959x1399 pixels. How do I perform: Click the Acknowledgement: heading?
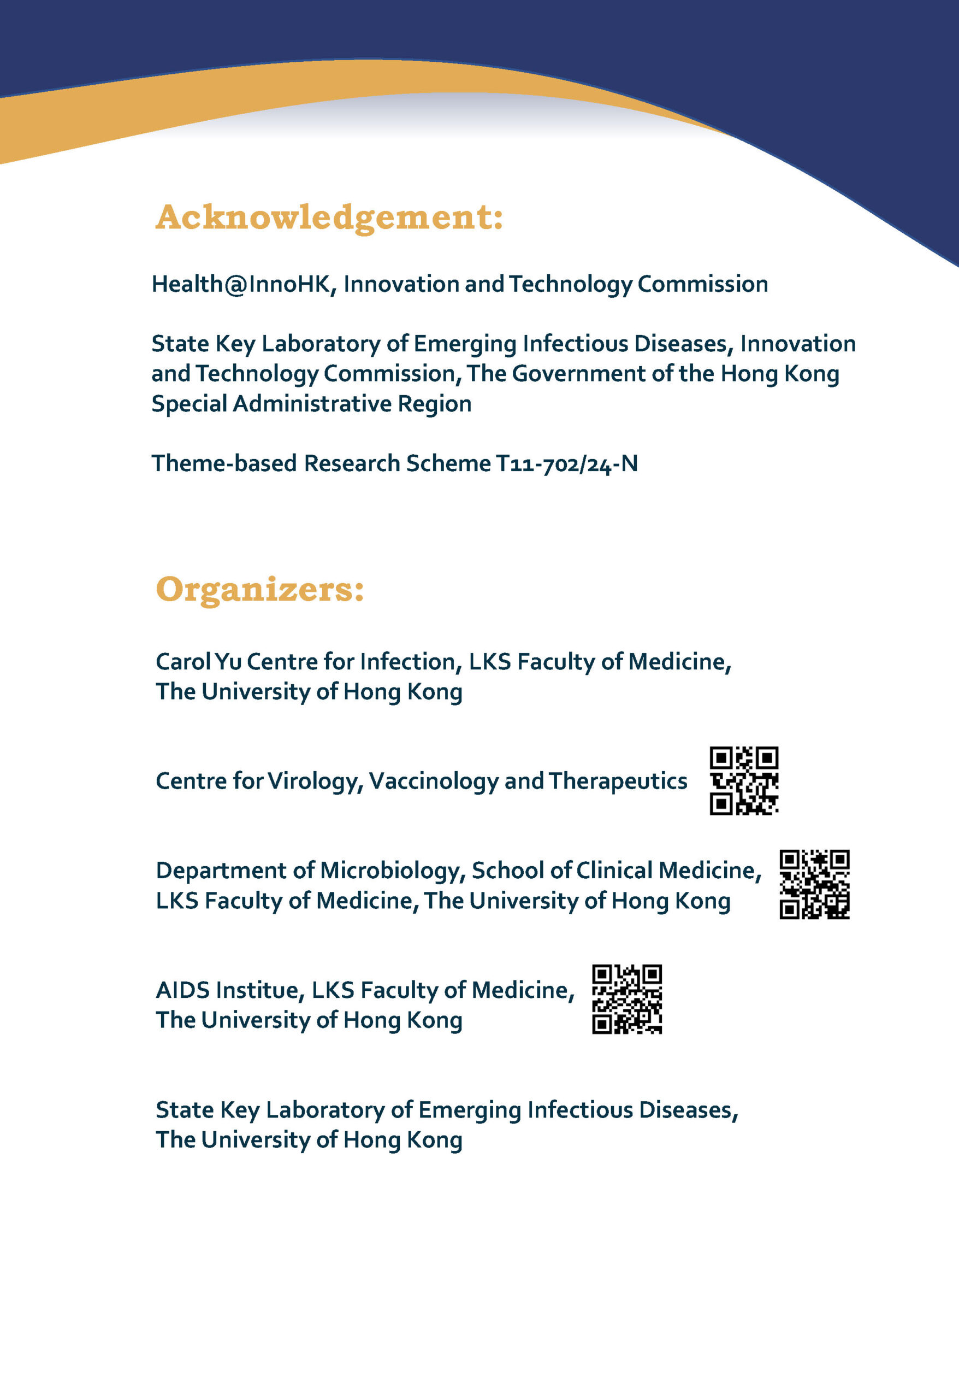pyautogui.click(x=329, y=218)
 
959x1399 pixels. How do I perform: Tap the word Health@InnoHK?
pyautogui.click(x=241, y=284)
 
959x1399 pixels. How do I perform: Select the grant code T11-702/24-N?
pyautogui.click(x=566, y=463)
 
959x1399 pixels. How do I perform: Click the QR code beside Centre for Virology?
pyautogui.click(x=744, y=781)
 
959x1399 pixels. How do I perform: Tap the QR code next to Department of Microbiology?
pyautogui.click(x=814, y=884)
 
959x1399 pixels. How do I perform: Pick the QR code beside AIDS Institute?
pyautogui.click(x=627, y=1000)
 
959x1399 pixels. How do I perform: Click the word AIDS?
pyautogui.click(x=182, y=990)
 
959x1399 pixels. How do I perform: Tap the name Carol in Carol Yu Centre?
pyautogui.click(x=183, y=662)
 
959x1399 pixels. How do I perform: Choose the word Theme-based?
pyautogui.click(x=224, y=463)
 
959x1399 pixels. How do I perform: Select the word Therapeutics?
pyautogui.click(x=617, y=781)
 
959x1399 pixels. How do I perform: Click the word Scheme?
pyautogui.click(x=448, y=463)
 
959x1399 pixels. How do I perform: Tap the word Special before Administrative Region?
pyautogui.click(x=189, y=404)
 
